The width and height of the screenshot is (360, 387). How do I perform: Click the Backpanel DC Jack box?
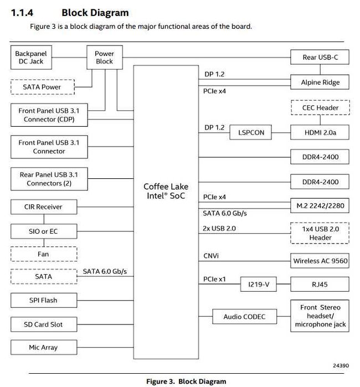(x=31, y=57)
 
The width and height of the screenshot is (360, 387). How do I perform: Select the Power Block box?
(x=105, y=57)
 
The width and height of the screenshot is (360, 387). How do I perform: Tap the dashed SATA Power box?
(x=43, y=87)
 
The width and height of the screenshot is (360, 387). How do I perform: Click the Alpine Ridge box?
(x=320, y=82)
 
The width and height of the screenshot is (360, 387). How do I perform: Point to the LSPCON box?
(x=251, y=132)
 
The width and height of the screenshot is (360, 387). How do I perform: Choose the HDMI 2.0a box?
(x=320, y=132)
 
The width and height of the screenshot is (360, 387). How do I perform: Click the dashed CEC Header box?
(x=320, y=107)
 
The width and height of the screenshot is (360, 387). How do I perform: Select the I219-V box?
(x=259, y=284)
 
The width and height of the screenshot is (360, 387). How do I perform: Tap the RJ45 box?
(x=320, y=284)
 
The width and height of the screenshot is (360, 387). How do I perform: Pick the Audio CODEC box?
(x=244, y=317)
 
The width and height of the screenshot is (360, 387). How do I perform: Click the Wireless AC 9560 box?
(x=320, y=261)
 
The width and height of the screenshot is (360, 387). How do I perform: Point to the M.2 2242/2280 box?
(x=320, y=205)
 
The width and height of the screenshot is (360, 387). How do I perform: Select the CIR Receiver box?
(x=44, y=207)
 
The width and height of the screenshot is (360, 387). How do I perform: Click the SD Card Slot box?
(x=44, y=324)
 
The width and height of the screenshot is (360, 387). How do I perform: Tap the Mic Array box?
(x=44, y=347)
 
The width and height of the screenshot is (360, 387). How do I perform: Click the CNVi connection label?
(x=211, y=256)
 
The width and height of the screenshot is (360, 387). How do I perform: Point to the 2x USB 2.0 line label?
(x=219, y=228)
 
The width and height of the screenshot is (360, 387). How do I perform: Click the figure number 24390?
(x=341, y=365)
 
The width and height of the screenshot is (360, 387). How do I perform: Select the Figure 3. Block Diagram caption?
(x=186, y=381)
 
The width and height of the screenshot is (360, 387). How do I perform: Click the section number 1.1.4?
(x=22, y=13)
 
